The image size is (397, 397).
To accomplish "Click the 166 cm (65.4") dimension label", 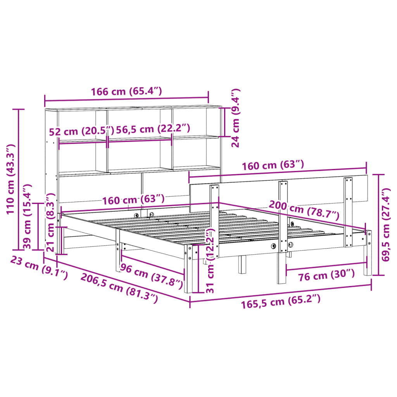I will (x=126, y=92).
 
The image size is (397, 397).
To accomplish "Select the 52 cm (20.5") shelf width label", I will (x=81, y=131).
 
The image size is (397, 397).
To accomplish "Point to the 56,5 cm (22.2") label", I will (x=153, y=129).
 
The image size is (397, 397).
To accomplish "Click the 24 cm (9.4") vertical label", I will (x=235, y=118).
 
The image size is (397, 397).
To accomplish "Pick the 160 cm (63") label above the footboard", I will (x=273, y=166).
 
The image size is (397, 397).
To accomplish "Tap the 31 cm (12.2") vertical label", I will (x=209, y=261).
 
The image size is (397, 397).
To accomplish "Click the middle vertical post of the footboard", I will (x=283, y=229).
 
